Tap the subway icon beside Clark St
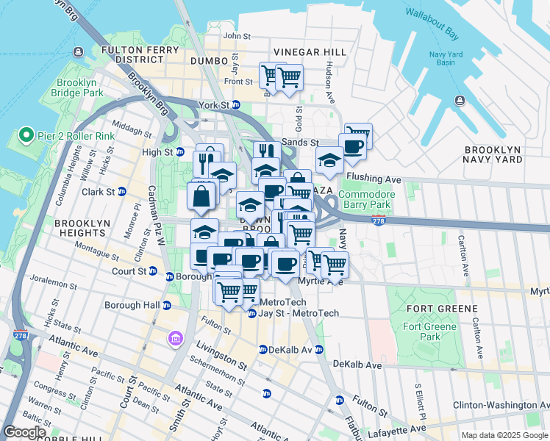click(x=121, y=192)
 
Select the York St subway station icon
click(x=236, y=105)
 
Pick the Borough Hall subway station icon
click(x=167, y=305)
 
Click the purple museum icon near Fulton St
click(x=176, y=338)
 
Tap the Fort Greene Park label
click(x=430, y=331)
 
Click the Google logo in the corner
click(x=24, y=432)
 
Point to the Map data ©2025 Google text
click(x=504, y=435)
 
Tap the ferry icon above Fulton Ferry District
click(x=78, y=51)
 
